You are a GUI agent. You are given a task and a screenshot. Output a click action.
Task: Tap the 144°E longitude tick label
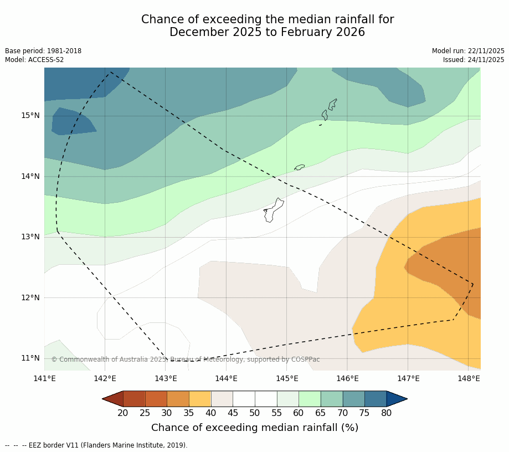click(226, 378)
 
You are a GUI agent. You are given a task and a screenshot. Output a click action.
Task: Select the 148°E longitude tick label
click(469, 378)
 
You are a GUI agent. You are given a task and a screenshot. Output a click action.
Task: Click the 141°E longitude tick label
click(44, 378)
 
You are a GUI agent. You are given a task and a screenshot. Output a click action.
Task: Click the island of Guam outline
click(273, 210)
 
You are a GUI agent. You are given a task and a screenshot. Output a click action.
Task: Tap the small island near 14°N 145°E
click(300, 167)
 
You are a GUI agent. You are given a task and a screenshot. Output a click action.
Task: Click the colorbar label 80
click(386, 413)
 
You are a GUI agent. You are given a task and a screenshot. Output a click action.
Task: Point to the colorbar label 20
click(123, 413)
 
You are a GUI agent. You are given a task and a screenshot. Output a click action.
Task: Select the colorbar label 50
click(255, 413)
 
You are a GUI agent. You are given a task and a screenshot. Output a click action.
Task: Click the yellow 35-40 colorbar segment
click(200, 399)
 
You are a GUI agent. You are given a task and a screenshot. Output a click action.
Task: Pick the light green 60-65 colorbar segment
click(310, 399)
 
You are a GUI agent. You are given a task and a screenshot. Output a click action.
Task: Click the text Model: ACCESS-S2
click(34, 60)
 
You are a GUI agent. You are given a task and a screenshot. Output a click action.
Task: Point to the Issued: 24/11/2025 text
click(474, 60)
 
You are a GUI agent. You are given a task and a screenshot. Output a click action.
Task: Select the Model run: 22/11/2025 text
click(468, 51)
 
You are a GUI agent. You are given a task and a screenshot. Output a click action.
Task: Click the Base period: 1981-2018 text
click(43, 51)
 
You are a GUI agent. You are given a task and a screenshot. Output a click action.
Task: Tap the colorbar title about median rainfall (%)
click(255, 428)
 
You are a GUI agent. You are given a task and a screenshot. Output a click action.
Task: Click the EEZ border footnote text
click(96, 445)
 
